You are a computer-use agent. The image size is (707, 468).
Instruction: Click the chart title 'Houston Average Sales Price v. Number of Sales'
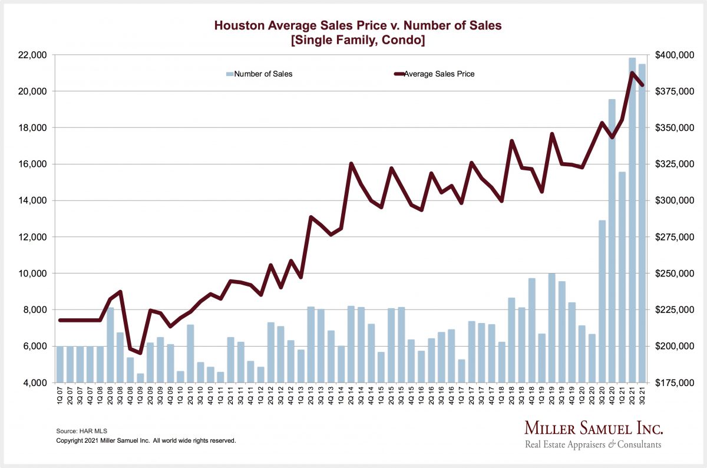click(x=359, y=26)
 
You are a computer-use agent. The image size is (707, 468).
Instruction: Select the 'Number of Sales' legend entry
click(x=263, y=74)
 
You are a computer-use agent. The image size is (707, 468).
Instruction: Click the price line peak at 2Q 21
click(x=632, y=73)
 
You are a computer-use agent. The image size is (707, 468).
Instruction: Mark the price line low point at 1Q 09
click(x=140, y=352)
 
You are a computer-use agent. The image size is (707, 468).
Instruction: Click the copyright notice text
click(x=146, y=440)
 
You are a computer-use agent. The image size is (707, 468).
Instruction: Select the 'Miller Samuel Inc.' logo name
click(x=593, y=428)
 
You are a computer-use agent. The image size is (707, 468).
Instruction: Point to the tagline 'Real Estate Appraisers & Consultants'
click(x=593, y=444)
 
